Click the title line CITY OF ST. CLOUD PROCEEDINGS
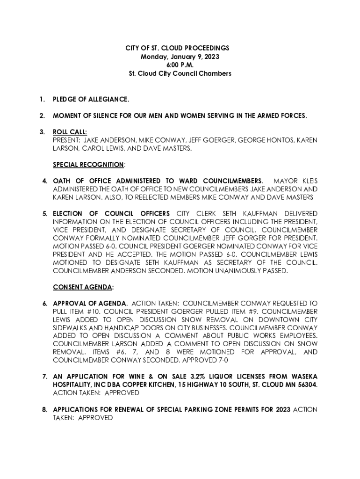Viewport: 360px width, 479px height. click(x=180, y=48)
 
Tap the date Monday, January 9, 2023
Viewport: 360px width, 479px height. click(x=180, y=57)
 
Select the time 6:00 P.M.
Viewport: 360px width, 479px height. click(x=180, y=65)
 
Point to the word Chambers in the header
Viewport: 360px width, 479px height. click(x=216, y=74)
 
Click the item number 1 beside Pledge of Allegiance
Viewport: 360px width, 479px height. click(x=43, y=100)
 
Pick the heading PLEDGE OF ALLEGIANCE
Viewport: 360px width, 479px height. click(x=91, y=100)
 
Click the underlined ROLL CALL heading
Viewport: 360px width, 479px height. click(x=70, y=132)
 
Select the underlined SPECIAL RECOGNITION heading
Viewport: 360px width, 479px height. click(x=88, y=165)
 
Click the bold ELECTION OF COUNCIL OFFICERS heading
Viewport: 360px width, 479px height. click(x=111, y=214)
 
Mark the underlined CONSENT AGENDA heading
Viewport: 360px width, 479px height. click(x=82, y=287)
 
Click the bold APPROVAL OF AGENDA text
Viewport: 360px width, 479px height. click(x=89, y=304)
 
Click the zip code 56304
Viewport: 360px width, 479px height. click(x=306, y=385)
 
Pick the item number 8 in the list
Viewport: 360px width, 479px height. click(x=44, y=410)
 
